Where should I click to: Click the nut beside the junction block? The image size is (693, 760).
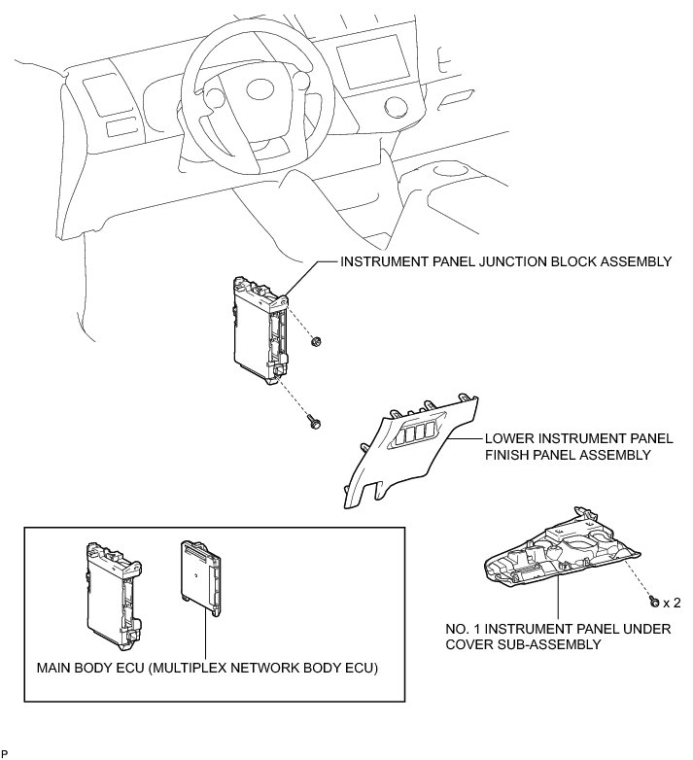point(317,341)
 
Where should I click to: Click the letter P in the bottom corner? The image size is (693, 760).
point(5,753)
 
